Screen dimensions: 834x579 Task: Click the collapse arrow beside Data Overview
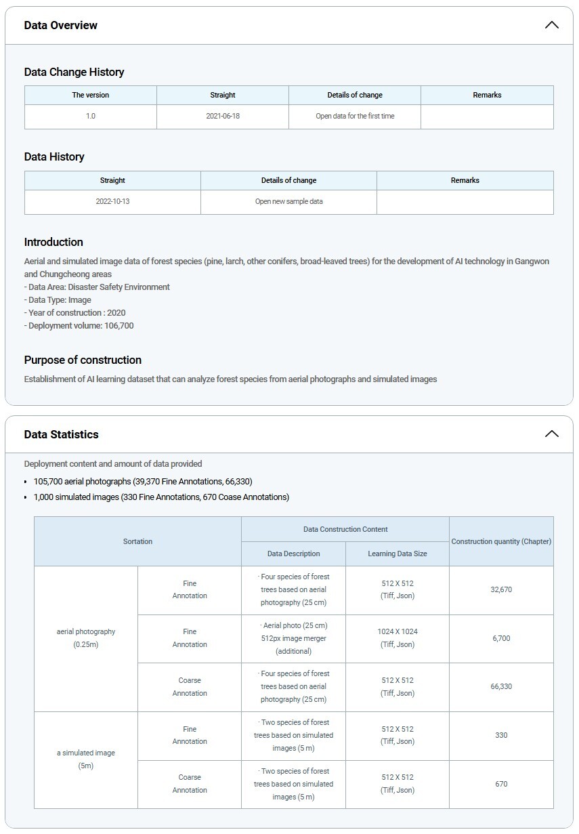552,25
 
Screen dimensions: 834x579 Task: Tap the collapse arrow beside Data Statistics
552,434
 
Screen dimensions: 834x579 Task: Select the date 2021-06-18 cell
223,116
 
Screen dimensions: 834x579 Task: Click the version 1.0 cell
91,116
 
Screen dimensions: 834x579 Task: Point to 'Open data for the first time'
355,116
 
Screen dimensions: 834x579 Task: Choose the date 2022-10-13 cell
112,201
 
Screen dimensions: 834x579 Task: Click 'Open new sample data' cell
288,201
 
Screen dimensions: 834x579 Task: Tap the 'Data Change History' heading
74,72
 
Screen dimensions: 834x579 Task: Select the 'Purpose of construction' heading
83,360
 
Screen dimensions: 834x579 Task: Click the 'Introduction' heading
53,242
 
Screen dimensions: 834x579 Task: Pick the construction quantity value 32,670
501,589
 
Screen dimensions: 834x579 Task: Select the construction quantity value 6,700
501,638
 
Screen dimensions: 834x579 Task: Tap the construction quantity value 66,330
501,686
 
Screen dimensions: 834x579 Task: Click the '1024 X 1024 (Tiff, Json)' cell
398,638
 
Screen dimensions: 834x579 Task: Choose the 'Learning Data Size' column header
398,554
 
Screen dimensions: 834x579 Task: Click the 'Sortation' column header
137,541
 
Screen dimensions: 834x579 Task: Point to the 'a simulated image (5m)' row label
86,759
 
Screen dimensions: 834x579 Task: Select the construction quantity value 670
501,784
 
